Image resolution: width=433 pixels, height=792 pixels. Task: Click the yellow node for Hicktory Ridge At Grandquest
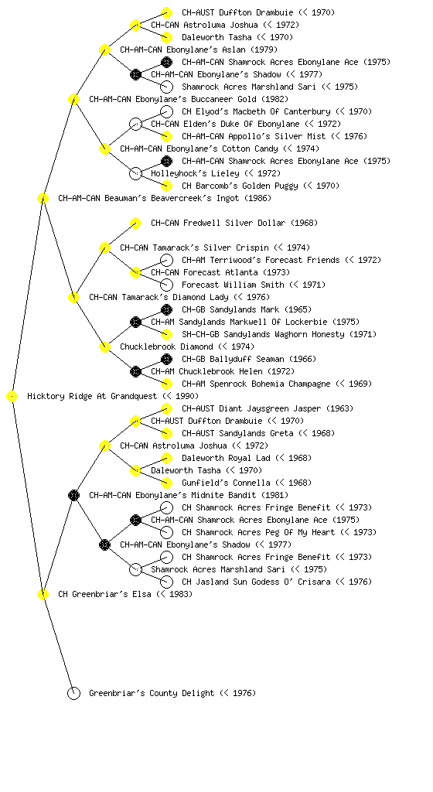click(x=12, y=397)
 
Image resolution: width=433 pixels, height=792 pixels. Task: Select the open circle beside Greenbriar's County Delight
click(x=73, y=694)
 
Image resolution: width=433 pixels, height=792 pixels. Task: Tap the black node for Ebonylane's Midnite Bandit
click(x=73, y=496)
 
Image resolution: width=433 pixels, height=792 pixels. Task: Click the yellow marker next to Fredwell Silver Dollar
click(x=135, y=224)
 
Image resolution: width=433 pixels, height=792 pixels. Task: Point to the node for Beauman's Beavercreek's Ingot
click(x=43, y=199)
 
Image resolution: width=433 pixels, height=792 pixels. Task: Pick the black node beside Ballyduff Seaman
click(x=166, y=359)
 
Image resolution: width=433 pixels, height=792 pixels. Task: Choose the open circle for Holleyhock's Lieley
click(x=135, y=174)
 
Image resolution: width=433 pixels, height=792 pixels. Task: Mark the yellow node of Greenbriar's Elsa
click(x=43, y=595)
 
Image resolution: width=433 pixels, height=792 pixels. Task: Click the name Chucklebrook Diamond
click(x=166, y=347)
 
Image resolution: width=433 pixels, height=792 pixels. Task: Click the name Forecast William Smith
click(x=233, y=285)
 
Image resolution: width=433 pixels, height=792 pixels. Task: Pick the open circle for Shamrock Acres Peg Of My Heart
click(x=166, y=532)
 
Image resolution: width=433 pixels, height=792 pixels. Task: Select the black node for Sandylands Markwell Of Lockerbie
click(x=135, y=323)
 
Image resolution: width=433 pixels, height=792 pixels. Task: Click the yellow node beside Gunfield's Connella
click(x=166, y=483)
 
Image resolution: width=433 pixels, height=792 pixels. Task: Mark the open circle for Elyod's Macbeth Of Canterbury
click(x=166, y=111)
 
